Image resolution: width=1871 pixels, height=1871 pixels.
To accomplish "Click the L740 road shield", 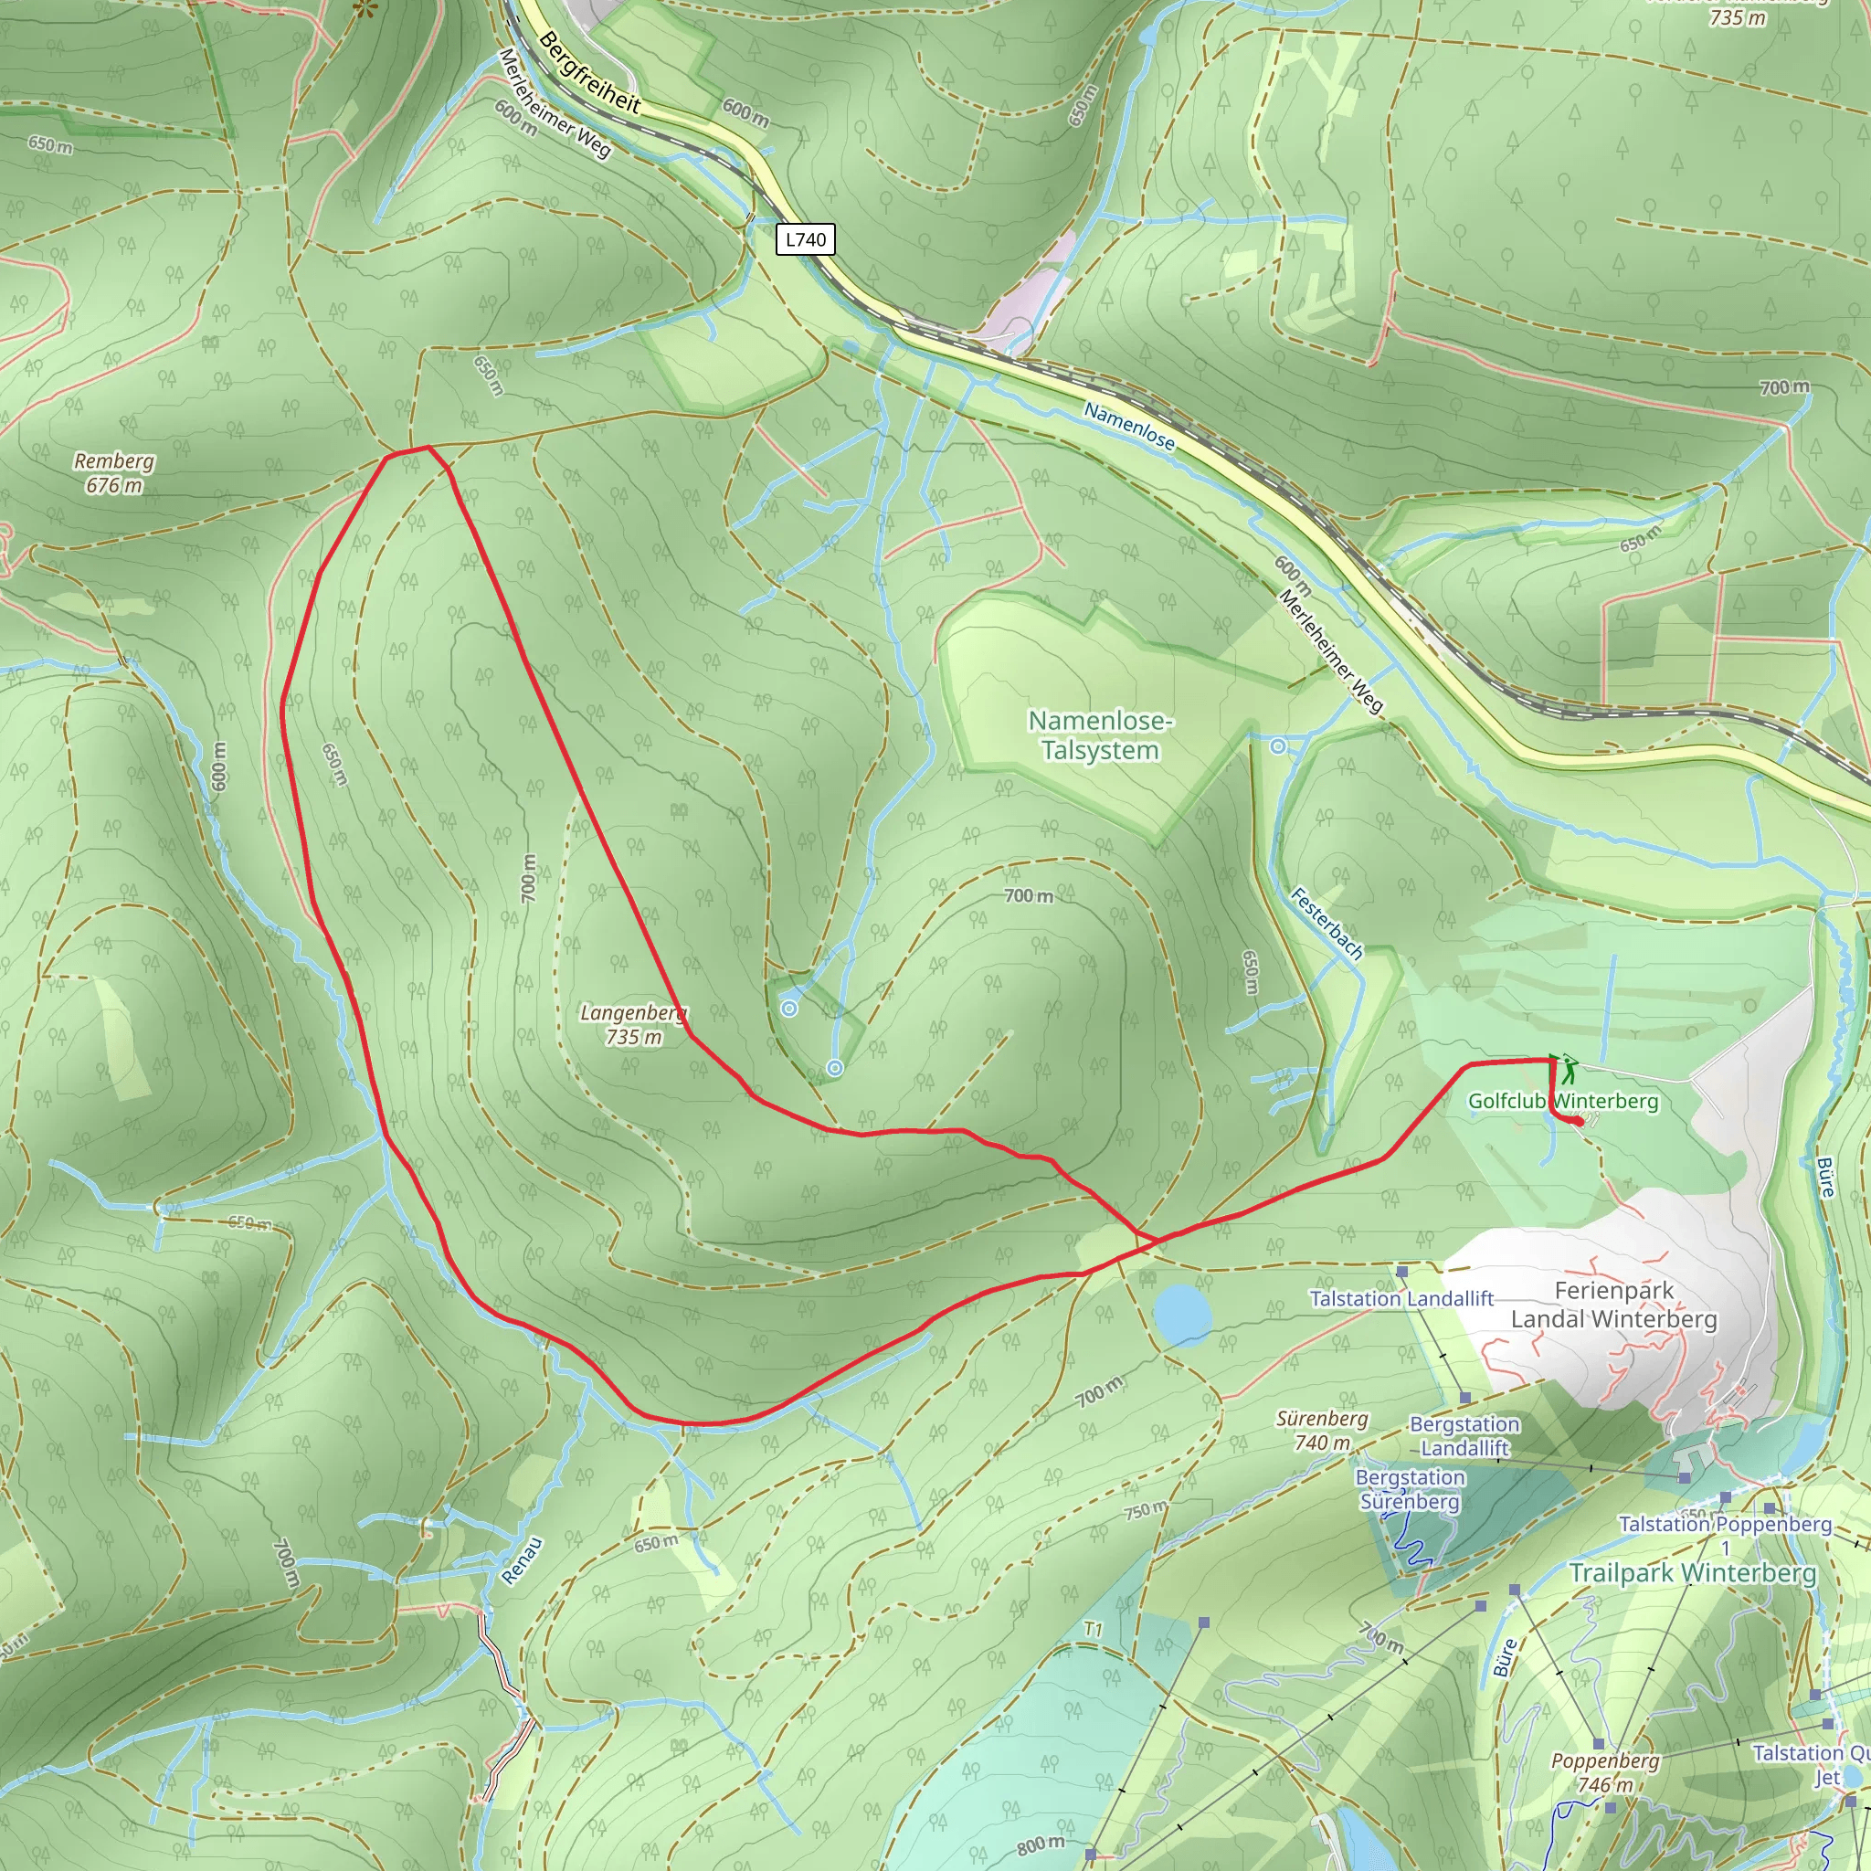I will [805, 239].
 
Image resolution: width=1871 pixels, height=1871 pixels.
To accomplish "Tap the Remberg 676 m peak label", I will [114, 472].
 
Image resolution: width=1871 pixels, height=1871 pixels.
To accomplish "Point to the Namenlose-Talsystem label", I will [1100, 735].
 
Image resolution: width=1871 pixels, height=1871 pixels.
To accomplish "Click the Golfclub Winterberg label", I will [1563, 1101].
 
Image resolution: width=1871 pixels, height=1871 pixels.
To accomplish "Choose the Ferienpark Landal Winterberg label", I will [1613, 1305].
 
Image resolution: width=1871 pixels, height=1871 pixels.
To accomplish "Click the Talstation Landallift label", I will [1401, 1299].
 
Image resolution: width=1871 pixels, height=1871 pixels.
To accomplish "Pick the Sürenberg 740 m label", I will [1322, 1431].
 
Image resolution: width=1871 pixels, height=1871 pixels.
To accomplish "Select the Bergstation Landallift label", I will [1464, 1436].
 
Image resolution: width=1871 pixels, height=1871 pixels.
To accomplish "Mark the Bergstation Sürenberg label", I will [1410, 1489].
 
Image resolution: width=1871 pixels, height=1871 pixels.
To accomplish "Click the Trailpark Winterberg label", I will [1692, 1573].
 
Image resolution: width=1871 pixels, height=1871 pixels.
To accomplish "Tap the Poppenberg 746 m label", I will [1604, 1772].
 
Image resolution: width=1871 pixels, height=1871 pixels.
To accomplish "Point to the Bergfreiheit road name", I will [590, 73].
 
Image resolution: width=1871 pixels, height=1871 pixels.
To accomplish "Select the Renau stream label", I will [522, 1560].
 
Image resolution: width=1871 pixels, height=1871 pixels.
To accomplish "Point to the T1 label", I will [1094, 1630].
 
